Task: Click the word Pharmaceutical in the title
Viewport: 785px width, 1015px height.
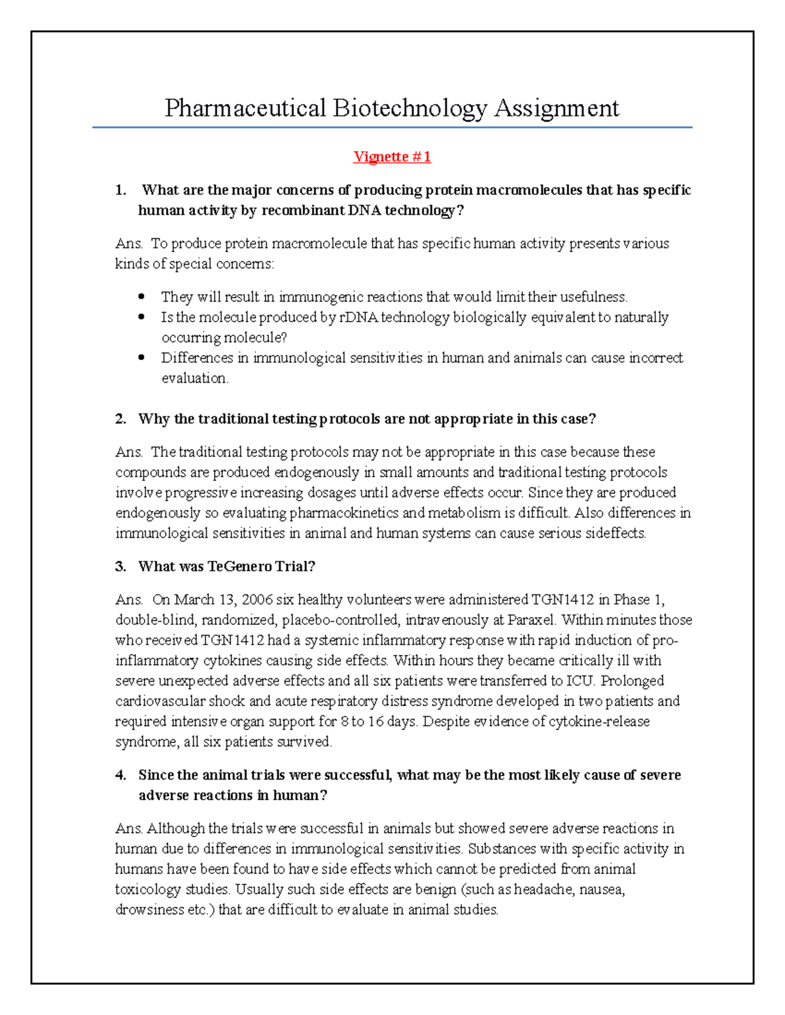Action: (245, 108)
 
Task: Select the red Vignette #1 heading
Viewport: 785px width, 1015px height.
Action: (392, 157)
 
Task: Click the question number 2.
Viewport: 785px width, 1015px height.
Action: (120, 419)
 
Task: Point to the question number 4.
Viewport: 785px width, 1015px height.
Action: (120, 775)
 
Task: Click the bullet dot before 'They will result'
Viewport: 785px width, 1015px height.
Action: (141, 297)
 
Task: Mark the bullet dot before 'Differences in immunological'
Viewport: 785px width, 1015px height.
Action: (141, 358)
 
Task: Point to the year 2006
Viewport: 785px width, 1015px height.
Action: (257, 600)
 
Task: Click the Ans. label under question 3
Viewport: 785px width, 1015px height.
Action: (129, 600)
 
